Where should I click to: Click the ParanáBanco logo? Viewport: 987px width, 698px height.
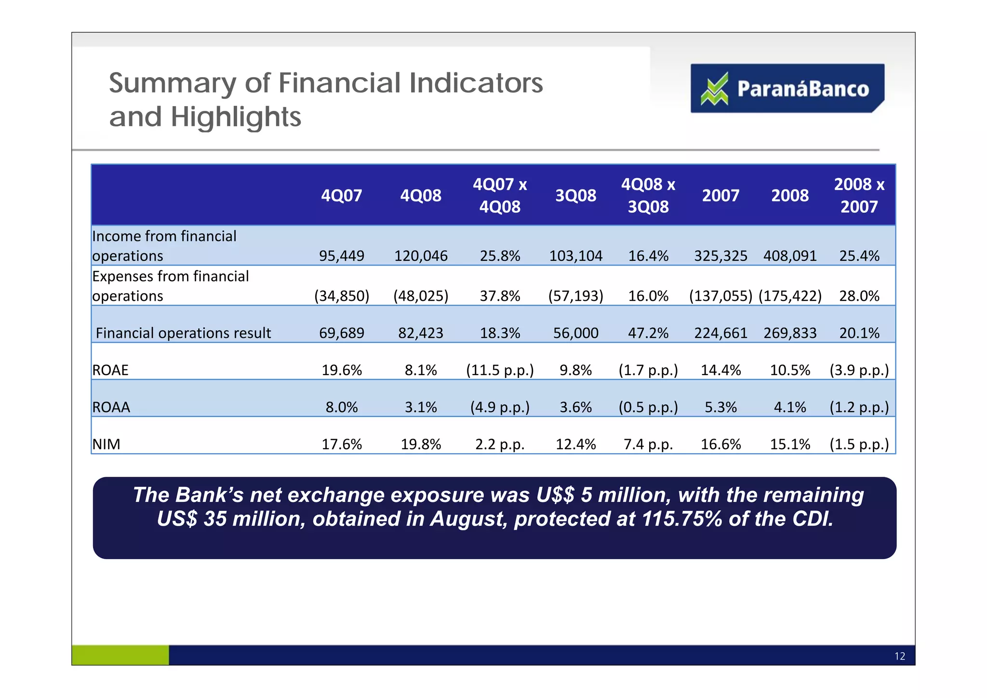(x=787, y=89)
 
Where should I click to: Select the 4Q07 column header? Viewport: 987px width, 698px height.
(x=341, y=196)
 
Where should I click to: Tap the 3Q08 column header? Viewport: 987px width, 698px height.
(x=575, y=196)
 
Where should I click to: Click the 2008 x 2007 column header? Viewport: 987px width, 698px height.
(x=859, y=196)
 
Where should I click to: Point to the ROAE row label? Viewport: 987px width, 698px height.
(x=110, y=370)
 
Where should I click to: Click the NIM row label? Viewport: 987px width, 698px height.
(x=106, y=444)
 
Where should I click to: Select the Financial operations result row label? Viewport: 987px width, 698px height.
(x=183, y=333)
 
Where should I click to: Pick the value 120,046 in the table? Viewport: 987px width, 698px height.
(x=421, y=256)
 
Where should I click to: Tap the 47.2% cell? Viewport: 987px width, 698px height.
(x=648, y=333)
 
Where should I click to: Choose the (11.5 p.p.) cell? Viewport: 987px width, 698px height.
(x=500, y=370)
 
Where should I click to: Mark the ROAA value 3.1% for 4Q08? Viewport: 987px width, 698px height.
(x=421, y=407)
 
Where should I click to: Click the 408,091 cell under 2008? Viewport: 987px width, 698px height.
(x=790, y=256)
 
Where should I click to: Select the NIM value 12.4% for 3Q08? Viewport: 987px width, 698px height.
(x=575, y=444)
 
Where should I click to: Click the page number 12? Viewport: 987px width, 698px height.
(x=899, y=656)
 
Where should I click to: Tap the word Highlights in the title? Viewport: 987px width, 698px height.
(x=236, y=117)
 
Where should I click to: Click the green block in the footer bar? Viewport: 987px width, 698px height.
(x=120, y=655)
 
